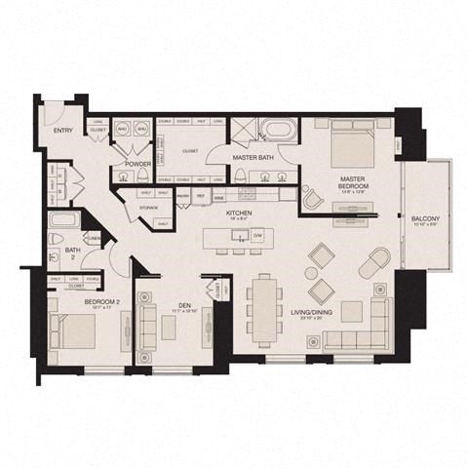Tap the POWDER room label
click(x=137, y=165)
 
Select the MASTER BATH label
click(x=256, y=156)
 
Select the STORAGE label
click(x=148, y=207)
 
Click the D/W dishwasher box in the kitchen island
click(x=257, y=236)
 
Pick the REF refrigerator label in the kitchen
click(x=199, y=195)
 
